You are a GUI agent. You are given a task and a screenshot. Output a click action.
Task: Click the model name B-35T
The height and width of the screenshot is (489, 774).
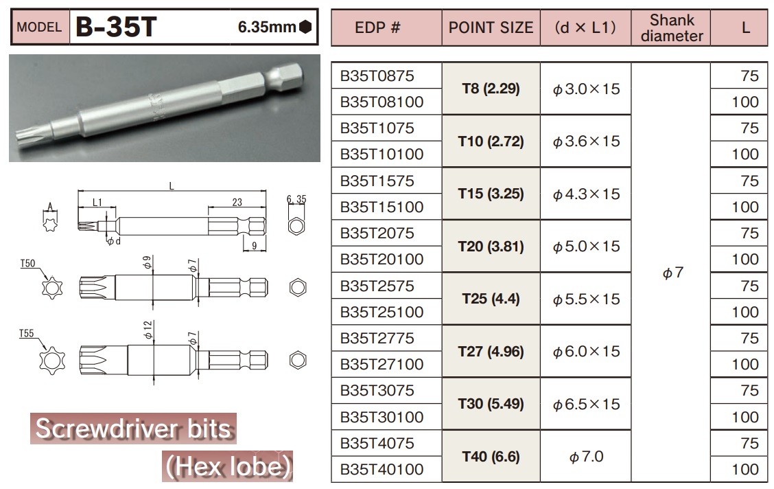117,27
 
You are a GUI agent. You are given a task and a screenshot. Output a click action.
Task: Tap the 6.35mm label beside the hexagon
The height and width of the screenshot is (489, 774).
267,27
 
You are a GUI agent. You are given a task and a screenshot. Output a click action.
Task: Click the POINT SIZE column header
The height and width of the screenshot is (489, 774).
491,27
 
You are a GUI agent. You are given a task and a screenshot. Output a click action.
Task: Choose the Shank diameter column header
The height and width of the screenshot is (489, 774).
672,27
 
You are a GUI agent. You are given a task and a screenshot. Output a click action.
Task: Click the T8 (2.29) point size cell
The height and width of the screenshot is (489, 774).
491,89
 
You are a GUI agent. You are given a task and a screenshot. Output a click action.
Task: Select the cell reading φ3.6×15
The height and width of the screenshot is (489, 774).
585,141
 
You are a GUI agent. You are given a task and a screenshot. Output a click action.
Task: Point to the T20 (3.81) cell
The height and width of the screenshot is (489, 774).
491,246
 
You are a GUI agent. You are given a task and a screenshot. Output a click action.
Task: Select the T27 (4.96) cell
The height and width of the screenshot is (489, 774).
491,351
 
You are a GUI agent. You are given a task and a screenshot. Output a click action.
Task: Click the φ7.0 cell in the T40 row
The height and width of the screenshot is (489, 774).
585,457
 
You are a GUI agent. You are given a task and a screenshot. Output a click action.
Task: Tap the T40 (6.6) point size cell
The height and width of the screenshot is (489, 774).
491,456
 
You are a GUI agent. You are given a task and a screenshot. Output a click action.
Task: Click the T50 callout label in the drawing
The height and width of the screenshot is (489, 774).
27,263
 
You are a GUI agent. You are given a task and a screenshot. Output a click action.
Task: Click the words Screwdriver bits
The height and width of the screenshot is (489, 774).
133,429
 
